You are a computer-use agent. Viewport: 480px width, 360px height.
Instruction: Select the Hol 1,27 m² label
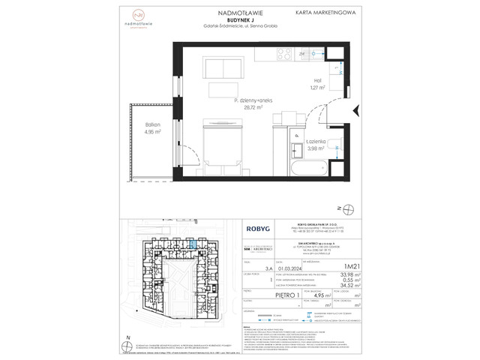click(316, 84)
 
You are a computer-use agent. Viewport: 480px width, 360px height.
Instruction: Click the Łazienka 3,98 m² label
click(314, 144)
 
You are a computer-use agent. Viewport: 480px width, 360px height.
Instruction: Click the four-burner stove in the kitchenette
click(284, 53)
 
